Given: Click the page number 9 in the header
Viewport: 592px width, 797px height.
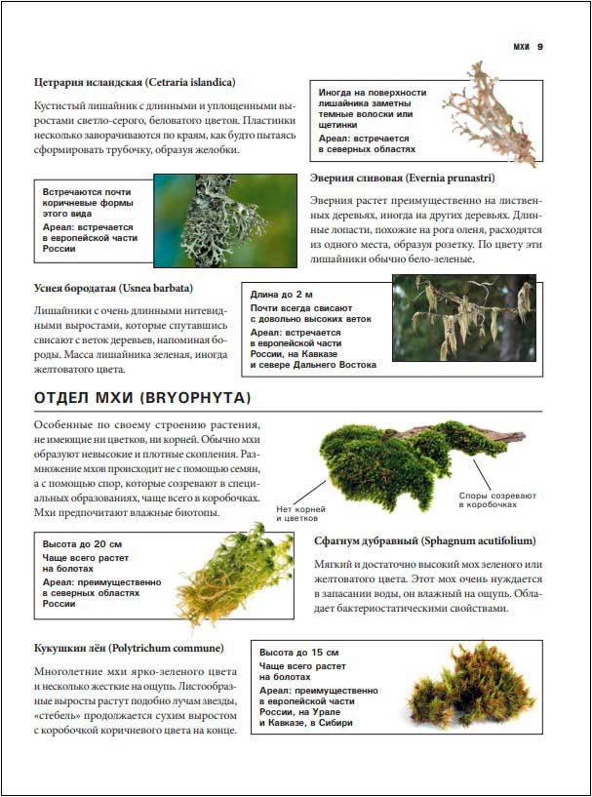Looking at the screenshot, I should [x=539, y=46].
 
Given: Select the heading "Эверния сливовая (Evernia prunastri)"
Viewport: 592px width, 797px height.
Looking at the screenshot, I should [x=402, y=179].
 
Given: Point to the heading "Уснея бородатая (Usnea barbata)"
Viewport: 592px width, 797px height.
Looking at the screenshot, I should [x=113, y=288].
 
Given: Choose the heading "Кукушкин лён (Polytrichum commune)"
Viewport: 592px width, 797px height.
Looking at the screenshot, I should [x=129, y=648].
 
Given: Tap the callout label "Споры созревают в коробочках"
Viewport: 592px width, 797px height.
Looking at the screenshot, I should [x=497, y=500].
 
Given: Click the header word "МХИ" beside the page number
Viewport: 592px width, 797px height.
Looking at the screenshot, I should [x=521, y=46].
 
